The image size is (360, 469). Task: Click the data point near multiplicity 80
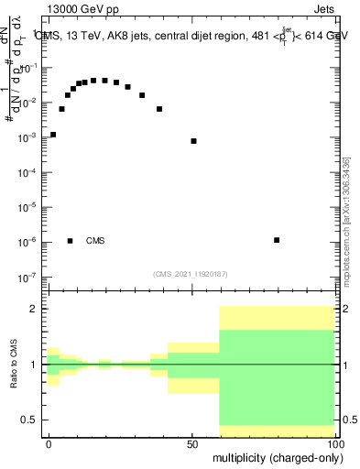[277, 240]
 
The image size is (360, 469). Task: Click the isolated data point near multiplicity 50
[193, 141]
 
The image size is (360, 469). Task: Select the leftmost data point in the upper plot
[53, 135]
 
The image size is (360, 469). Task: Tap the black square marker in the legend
[70, 241]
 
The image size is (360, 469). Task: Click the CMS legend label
[95, 241]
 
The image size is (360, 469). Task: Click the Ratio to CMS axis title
[14, 365]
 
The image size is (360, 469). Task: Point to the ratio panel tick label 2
[33, 309]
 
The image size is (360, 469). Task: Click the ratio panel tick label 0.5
[29, 420]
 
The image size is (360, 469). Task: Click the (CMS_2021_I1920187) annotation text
[191, 273]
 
